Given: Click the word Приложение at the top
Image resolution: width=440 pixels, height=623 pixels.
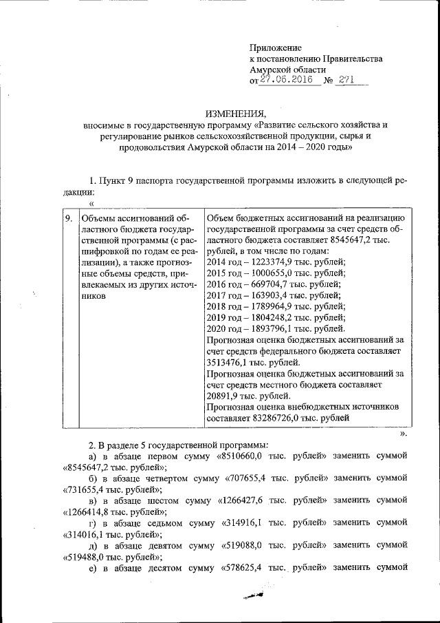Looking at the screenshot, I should tap(276, 47).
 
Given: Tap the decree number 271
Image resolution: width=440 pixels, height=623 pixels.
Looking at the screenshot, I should tap(345, 80).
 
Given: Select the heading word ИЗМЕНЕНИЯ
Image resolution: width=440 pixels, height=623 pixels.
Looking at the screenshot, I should tap(235, 114).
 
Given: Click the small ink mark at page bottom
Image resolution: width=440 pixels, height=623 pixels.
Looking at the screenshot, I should tap(252, 598).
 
